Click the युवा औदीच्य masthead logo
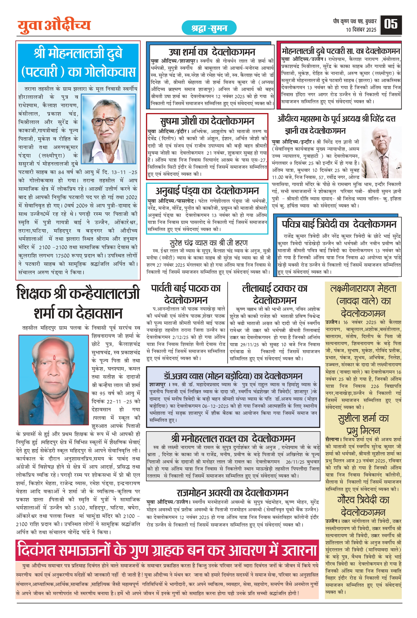pyautogui.click(x=54, y=26)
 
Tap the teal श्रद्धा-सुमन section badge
pyautogui.click(x=209, y=28)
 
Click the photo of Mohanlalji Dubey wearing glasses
pyautogui.click(x=109, y=129)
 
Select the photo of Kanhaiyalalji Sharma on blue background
pyautogui.click(x=53, y=380)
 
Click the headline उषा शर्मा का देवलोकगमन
pyautogui.click(x=212, y=52)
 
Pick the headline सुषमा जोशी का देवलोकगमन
pyautogui.click(x=207, y=121)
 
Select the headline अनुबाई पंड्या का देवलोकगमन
pyautogui.click(x=207, y=191)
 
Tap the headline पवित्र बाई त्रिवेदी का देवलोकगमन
pyautogui.click(x=339, y=224)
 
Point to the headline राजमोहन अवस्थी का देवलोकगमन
pyautogui.click(x=232, y=492)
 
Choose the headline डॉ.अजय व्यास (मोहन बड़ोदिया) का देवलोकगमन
pyautogui.click(x=233, y=376)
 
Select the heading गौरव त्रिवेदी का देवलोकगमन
pyautogui.click(x=363, y=506)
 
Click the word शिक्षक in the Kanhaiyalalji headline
pyautogui.click(x=33, y=293)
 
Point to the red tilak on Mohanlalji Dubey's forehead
pyautogui.click(x=103, y=116)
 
